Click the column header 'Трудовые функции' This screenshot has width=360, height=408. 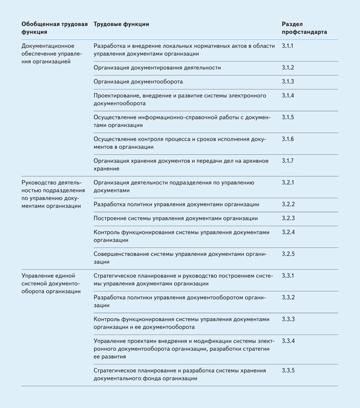121,24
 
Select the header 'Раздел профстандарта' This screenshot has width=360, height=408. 304,28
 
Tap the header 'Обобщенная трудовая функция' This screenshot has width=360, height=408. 54,28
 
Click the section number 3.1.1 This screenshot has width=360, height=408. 288,46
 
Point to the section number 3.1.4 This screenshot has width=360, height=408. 288,96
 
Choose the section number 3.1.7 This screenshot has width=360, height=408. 288,161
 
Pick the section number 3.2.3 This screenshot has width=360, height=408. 288,218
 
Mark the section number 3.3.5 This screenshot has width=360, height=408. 288,370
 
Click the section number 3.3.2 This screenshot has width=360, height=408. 288,297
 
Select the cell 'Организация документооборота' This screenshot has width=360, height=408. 138,82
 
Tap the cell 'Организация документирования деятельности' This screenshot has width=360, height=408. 157,68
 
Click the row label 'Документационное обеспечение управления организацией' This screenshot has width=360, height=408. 52,54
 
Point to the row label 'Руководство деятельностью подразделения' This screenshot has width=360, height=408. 51,194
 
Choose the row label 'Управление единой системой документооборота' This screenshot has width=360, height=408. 51,283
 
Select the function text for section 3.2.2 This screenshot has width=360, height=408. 176,204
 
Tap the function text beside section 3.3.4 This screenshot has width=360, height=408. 183,349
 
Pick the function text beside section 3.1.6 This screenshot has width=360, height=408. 180,143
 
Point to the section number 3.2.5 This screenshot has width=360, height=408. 288,254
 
